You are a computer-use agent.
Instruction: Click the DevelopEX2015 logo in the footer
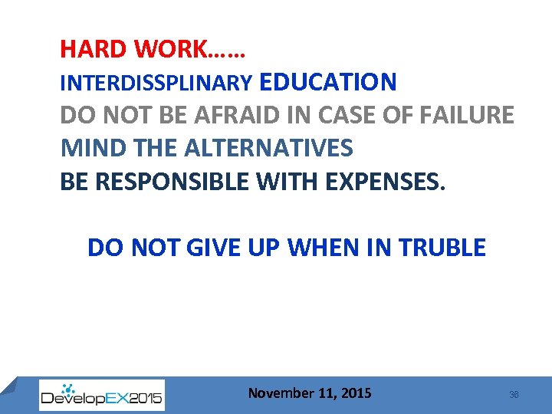click(101, 396)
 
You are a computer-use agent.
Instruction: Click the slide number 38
click(514, 394)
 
